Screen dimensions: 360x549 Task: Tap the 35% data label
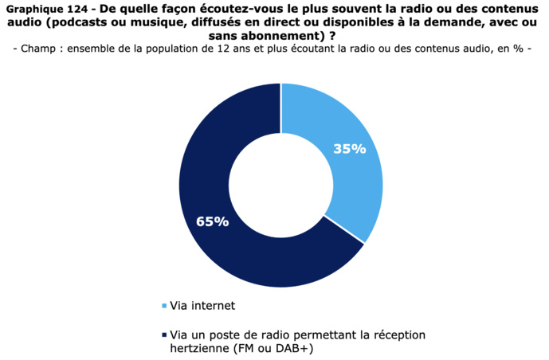[349, 149]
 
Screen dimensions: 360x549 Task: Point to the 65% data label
[212, 221]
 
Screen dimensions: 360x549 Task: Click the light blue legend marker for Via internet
[164, 306]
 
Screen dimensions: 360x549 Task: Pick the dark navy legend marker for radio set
[164, 335]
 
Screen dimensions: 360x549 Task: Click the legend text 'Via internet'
[202, 305]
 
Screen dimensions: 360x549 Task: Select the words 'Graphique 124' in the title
[45, 10]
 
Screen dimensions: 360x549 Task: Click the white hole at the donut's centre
[280, 186]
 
